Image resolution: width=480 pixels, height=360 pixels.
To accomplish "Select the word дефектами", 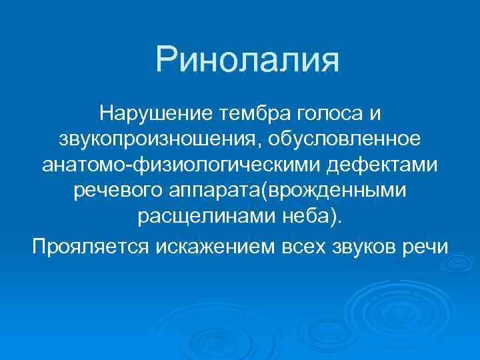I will click(379, 165).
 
